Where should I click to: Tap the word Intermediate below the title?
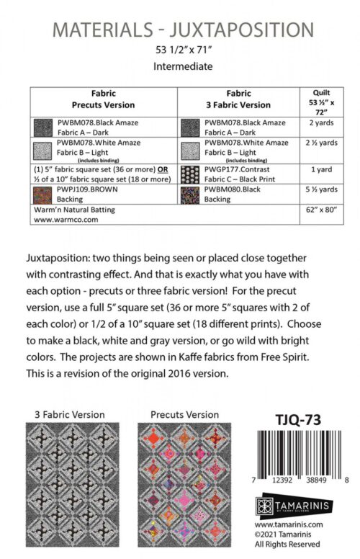183,67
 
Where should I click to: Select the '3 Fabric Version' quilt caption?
69,414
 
